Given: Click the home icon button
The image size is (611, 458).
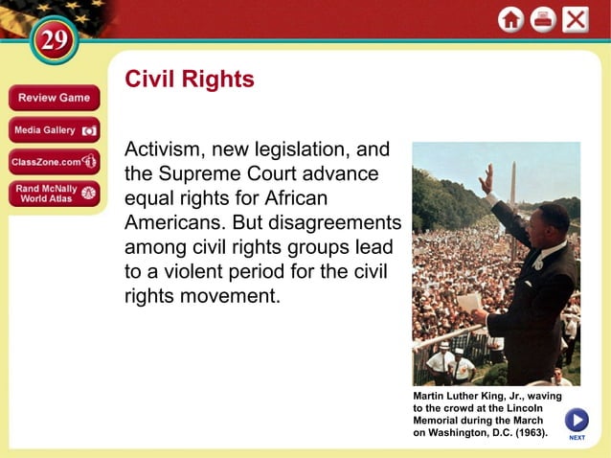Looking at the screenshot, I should click(510, 19).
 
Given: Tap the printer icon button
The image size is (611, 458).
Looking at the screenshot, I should click(543, 19).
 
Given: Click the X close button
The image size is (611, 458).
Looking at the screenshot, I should click(576, 19).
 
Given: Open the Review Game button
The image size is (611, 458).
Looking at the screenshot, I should click(54, 98).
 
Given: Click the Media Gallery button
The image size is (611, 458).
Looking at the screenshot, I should click(54, 129).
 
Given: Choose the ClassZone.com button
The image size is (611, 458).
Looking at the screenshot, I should click(54, 161).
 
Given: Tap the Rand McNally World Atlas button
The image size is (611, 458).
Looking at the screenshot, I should click(54, 193).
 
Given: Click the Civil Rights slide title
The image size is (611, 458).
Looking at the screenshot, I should click(190, 80).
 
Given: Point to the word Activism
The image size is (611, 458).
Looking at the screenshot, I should click(164, 150).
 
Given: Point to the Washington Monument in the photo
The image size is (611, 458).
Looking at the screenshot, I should click(513, 187).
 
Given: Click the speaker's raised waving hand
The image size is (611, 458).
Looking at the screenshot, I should click(487, 178).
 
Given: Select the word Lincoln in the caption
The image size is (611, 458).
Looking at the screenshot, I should click(522, 408).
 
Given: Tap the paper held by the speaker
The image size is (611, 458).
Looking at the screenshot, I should click(470, 302).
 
